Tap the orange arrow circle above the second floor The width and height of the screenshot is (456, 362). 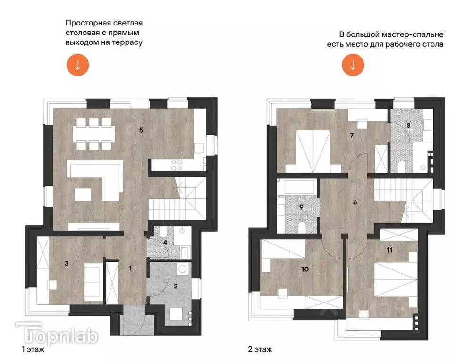click(x=353, y=65)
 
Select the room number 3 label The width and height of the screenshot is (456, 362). click(x=67, y=264)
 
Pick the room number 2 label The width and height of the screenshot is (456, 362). click(x=176, y=286)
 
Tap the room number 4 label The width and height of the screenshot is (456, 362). click(x=165, y=243)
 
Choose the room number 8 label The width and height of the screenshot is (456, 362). click(x=409, y=126)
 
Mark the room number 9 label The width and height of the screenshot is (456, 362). click(x=301, y=206)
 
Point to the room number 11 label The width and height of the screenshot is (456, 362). click(x=389, y=250)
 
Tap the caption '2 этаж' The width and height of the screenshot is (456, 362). click(x=260, y=350)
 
